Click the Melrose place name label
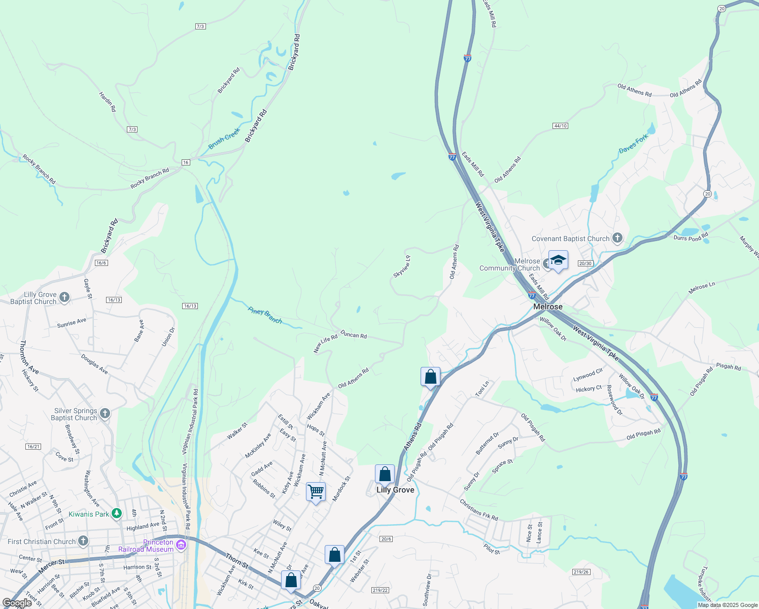pos(547,307)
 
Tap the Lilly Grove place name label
pos(395,490)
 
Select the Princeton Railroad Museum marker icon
pos(181,545)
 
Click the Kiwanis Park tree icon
pos(117,514)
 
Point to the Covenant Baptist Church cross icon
pos(617,238)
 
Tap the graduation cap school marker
pos(558,260)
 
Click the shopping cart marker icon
pos(316,491)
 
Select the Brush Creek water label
pos(224,139)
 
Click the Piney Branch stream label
pos(265,315)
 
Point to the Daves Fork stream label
pos(633,144)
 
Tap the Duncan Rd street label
pos(354,334)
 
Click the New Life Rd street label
pos(325,344)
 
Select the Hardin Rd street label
pos(108,102)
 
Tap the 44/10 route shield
pos(560,125)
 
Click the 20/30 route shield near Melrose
pos(585,263)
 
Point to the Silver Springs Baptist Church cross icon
pos(105,413)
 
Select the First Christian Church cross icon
pos(83,541)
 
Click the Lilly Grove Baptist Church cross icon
pos(64,297)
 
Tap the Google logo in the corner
pos(17,603)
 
